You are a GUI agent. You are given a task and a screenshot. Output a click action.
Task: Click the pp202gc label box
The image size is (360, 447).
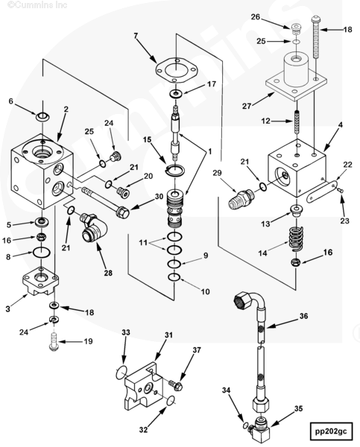pyautogui.click(x=331, y=431)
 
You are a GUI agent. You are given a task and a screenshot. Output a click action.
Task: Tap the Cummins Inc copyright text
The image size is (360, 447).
pyautogui.click(x=37, y=4)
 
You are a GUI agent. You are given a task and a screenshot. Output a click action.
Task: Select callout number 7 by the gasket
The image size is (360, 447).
pyautogui.click(x=136, y=36)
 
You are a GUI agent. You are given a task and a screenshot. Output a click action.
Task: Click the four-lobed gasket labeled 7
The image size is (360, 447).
pyautogui.click(x=177, y=69)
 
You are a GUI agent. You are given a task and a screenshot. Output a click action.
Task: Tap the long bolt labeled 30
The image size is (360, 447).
pyautogui.click(x=105, y=202)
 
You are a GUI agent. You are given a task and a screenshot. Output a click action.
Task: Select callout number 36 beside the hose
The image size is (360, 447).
pyautogui.click(x=304, y=316)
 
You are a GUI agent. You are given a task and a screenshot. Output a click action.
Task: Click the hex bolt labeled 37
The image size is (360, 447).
pyautogui.click(x=176, y=385)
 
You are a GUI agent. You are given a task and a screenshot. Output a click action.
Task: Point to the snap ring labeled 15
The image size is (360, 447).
pyautogui.click(x=175, y=171)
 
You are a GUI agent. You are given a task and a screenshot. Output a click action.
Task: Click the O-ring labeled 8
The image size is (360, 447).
pyautogui.click(x=42, y=252)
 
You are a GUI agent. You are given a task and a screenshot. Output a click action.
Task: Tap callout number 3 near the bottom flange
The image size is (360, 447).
pyautogui.click(x=7, y=308)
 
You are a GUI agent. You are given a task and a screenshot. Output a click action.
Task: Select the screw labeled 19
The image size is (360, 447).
pyautogui.click(x=54, y=343)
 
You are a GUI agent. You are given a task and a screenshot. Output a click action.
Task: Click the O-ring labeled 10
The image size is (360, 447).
pyautogui.click(x=174, y=276)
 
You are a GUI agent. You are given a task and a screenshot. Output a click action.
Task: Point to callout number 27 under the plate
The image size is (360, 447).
pyautogui.click(x=247, y=106)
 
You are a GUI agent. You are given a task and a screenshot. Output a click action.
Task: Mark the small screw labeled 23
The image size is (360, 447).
pyautogui.click(x=340, y=190)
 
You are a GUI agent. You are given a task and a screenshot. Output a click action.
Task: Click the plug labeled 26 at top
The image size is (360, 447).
pyautogui.click(x=297, y=29)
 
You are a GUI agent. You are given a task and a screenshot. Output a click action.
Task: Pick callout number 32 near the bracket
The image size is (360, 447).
pyautogui.click(x=143, y=429)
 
